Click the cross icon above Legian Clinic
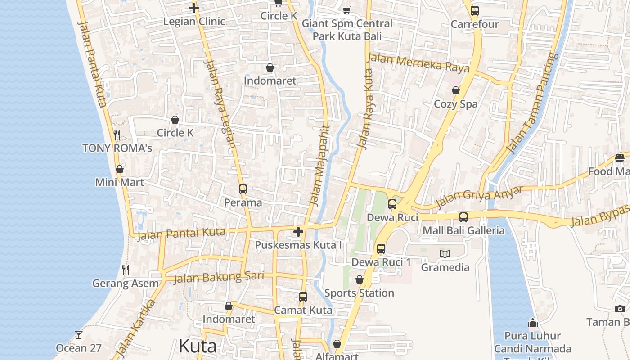coord(194,8)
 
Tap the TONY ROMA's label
coord(117,148)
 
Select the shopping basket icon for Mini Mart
coord(120,169)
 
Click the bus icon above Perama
coord(243,189)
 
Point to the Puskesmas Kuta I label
coord(298,245)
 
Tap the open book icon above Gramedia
coord(445,254)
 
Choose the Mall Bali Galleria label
coord(463,231)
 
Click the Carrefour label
coord(475,24)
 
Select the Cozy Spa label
coord(455,104)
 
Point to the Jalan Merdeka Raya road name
coord(418,63)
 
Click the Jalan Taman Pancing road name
coord(532,103)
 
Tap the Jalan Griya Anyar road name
coord(479,197)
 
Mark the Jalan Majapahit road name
coord(320,166)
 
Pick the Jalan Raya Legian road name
coord(220,104)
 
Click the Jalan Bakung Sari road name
coord(219,277)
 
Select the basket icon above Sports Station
coord(360,280)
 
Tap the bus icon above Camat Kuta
coord(303,297)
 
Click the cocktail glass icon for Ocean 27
coord(79,335)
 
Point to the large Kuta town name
coord(198,346)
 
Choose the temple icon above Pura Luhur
coord(533,323)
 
